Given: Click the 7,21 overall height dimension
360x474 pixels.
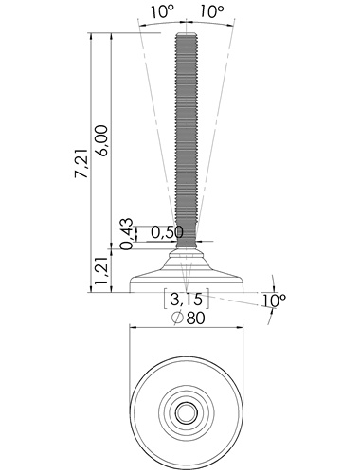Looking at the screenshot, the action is [81, 163].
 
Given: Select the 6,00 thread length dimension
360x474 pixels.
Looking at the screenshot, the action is [102, 140].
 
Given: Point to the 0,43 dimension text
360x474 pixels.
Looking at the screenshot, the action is [127, 234].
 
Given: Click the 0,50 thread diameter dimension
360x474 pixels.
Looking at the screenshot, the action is [167, 232].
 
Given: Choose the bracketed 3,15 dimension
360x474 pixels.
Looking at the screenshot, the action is [187, 299].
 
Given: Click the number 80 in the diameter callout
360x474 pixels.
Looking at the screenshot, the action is [196, 319].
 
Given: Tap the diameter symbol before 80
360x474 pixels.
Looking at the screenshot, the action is [177, 318].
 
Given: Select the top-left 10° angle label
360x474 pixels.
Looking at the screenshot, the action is [162, 12].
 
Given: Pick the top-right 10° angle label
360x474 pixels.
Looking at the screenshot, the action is [212, 12].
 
